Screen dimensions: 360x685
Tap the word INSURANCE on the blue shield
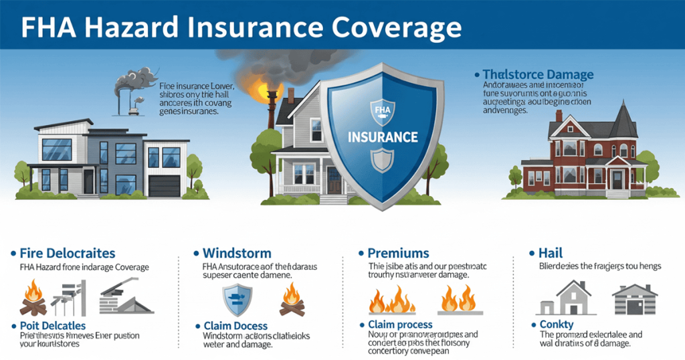pos(383,137)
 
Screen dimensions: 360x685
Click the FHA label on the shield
pos(383,108)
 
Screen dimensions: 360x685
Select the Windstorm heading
pos(236,254)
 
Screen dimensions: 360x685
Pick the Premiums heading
pos(398,254)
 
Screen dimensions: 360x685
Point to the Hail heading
pos(551,254)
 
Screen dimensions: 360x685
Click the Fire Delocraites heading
pos(68,254)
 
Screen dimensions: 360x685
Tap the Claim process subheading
pos(400,325)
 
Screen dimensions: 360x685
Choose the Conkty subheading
pos(557,325)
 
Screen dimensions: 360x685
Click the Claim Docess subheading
pos(235,326)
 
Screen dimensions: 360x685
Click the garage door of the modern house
pos(165,185)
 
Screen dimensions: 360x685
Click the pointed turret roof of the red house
pos(624,120)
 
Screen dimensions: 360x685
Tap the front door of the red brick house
pos(616,180)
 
